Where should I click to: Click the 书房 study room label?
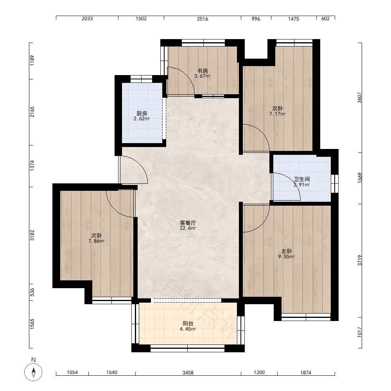pos(203,71)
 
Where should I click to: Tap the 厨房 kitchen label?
pos(142,113)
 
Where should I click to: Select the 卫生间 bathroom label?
pos(302,179)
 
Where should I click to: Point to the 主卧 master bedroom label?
pos(286,251)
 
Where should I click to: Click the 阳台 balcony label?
pos(188,323)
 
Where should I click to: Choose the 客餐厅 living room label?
pos(188,223)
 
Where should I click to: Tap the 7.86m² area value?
pos(96,241)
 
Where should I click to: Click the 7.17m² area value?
pos(277,114)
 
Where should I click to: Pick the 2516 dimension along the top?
pos(203,19)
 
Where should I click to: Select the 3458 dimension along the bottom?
pos(188,373)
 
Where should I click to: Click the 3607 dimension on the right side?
pos(359,98)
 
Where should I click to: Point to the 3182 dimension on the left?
pos(32,235)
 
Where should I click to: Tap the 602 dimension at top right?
pos(325,19)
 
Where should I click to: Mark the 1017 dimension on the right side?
pos(359,332)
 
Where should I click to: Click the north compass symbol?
pos(33,372)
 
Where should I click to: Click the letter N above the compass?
pos(33,360)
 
